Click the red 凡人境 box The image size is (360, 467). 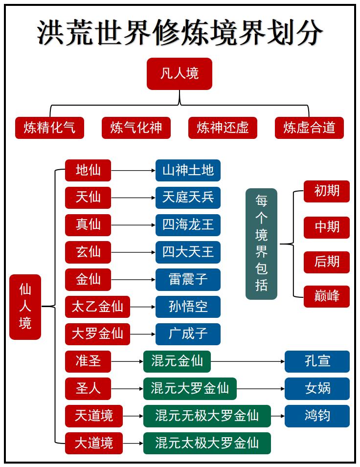click(x=180, y=74)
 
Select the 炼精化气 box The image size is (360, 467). click(x=49, y=128)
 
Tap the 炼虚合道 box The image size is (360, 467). click(x=309, y=128)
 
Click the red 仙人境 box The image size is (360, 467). click(x=25, y=307)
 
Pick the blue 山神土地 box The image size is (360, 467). click(x=188, y=170)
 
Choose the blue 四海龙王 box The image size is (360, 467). click(x=188, y=225)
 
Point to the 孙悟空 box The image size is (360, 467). click(x=188, y=307)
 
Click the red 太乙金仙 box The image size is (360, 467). click(x=97, y=307)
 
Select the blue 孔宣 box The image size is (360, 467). click(x=317, y=361)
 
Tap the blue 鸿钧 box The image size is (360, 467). click(x=317, y=416)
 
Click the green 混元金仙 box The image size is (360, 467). click(x=177, y=361)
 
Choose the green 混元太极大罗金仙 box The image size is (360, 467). click(x=206, y=443)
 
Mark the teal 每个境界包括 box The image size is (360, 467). click(x=261, y=244)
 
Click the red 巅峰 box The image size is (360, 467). click(x=326, y=296)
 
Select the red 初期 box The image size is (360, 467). click(x=326, y=191)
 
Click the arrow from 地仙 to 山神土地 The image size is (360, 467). click(x=133, y=171)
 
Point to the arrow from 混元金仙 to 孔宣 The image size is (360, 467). click(x=247, y=362)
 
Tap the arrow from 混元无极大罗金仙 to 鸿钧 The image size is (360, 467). click(x=277, y=416)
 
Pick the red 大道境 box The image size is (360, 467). click(x=93, y=443)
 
